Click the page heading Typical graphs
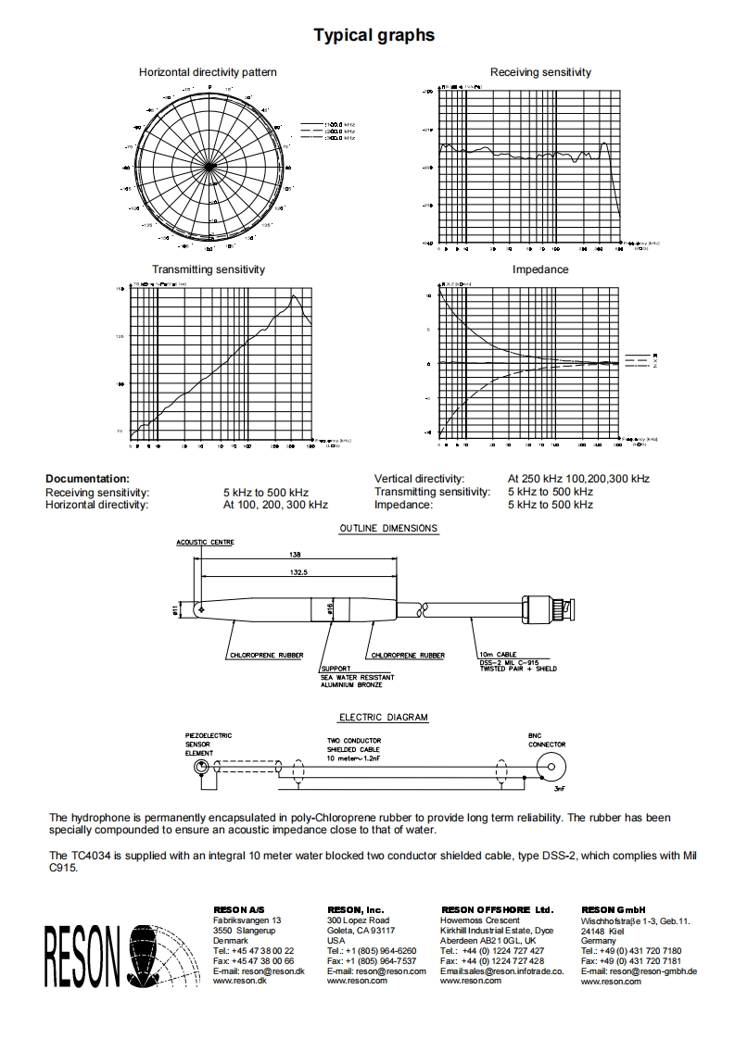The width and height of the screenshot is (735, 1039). coord(374,35)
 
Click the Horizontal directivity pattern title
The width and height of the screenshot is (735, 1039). coord(208,72)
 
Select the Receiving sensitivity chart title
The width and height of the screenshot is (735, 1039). coord(540,72)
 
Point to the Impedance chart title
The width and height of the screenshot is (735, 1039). coord(540,269)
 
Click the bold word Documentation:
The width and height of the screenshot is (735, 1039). coord(87,478)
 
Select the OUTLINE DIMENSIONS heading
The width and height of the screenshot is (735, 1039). coord(388,529)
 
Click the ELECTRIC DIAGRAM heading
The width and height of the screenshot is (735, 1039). coord(383,717)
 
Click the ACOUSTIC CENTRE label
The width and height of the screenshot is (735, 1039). coord(205,543)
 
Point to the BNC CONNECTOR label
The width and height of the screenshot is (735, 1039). coord(547,739)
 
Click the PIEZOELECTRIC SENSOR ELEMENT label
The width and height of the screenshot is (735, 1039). coord(208,745)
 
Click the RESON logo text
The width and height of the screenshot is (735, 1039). coord(82,957)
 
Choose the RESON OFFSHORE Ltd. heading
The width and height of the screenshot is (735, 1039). coord(497,910)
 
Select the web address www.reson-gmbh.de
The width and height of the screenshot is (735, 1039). coord(639,970)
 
